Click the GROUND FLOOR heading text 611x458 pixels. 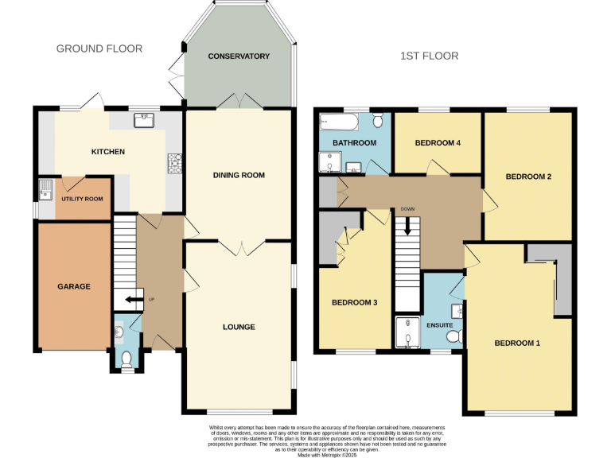click(99, 49)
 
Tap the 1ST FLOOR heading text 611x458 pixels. click(430, 56)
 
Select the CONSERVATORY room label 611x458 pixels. click(239, 56)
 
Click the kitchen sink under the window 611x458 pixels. click(144, 120)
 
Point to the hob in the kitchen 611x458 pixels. click(174, 162)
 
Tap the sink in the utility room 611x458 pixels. click(46, 189)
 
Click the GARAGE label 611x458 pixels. click(73, 286)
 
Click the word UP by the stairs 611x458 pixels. click(150, 300)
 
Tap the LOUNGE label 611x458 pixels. click(239, 327)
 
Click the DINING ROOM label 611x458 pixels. click(239, 175)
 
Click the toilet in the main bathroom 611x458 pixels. click(377, 119)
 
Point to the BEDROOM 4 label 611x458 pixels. click(438, 143)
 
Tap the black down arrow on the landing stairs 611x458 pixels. click(408, 226)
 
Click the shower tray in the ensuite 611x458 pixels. click(407, 333)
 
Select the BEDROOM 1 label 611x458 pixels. click(517, 343)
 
